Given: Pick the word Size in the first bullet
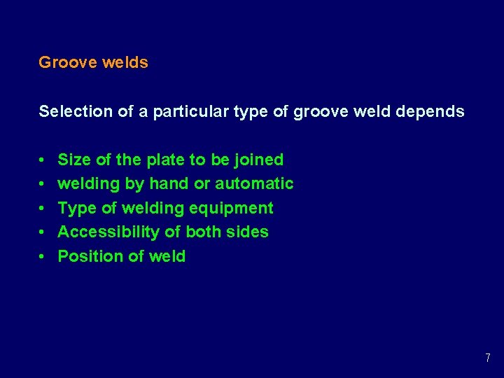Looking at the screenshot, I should pyautogui.click(x=73, y=160).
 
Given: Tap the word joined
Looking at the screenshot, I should pyautogui.click(x=258, y=160).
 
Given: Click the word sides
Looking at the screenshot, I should pyautogui.click(x=248, y=232).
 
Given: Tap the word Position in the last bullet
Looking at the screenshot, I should pyautogui.click(x=87, y=256).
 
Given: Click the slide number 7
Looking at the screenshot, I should pyautogui.click(x=487, y=358).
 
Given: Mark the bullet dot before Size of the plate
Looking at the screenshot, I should pyautogui.click(x=43, y=160).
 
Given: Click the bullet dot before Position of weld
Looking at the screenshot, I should pyautogui.click(x=43, y=257).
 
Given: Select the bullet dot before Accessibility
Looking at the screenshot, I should pyautogui.click(x=43, y=232).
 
